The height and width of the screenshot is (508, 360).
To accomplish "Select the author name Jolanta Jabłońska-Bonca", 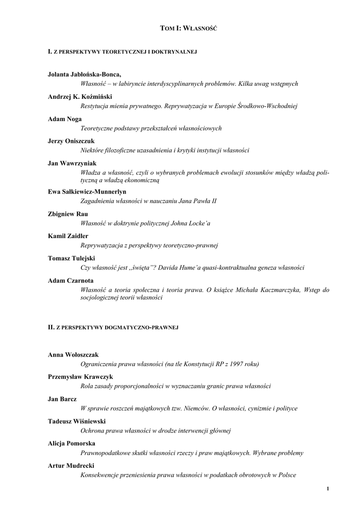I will [x=84, y=74].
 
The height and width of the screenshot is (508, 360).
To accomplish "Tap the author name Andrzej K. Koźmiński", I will [x=81, y=96].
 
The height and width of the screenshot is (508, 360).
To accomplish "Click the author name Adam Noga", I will [x=65, y=119].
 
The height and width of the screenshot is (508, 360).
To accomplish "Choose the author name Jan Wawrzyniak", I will [x=72, y=163].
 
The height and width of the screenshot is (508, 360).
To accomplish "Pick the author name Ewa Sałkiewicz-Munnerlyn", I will [x=87, y=191].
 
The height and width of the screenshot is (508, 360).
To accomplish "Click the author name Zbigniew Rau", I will [x=68, y=214].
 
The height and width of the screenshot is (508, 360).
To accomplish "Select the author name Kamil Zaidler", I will [x=68, y=236].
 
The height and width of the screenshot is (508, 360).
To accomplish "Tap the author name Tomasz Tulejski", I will [x=72, y=258].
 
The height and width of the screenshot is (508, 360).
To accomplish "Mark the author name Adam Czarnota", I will [x=70, y=281].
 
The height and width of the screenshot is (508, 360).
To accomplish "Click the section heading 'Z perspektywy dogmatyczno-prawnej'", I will [x=113, y=327].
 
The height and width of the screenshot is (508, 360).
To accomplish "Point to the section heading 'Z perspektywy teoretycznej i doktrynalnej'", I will [x=123, y=52].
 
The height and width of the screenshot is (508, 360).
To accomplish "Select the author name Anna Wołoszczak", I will [x=73, y=355].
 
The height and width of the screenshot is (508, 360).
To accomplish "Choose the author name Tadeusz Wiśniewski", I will [x=77, y=421].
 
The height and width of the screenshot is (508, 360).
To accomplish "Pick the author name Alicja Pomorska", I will [x=72, y=443].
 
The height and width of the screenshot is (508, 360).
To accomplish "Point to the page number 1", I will [x=328, y=490].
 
